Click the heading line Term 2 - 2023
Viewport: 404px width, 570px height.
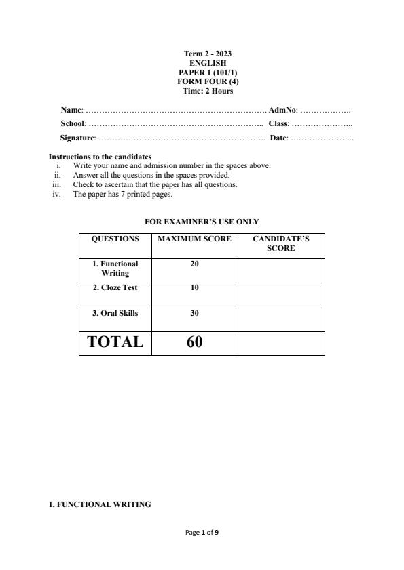(x=202, y=54)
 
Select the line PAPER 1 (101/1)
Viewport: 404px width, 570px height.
(x=202, y=73)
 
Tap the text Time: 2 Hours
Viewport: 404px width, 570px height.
(x=202, y=91)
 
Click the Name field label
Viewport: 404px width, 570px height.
(x=71, y=110)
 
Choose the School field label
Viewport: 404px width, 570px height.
(x=73, y=124)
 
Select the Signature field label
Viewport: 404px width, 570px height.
(x=77, y=138)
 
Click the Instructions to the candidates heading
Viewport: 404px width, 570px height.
(x=100, y=157)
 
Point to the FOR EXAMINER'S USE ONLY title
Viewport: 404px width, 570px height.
(x=202, y=222)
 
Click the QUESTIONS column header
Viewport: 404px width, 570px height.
(x=115, y=239)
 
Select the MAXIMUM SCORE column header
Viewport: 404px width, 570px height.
(x=194, y=239)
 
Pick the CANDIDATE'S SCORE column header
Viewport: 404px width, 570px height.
(x=281, y=243)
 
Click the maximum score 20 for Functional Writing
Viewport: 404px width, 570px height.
(x=194, y=264)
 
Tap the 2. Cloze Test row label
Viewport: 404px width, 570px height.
(x=115, y=288)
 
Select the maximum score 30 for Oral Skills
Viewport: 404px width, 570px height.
(x=194, y=314)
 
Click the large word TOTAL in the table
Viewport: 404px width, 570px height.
(x=115, y=342)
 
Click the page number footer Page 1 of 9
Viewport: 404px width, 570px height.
(x=202, y=533)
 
